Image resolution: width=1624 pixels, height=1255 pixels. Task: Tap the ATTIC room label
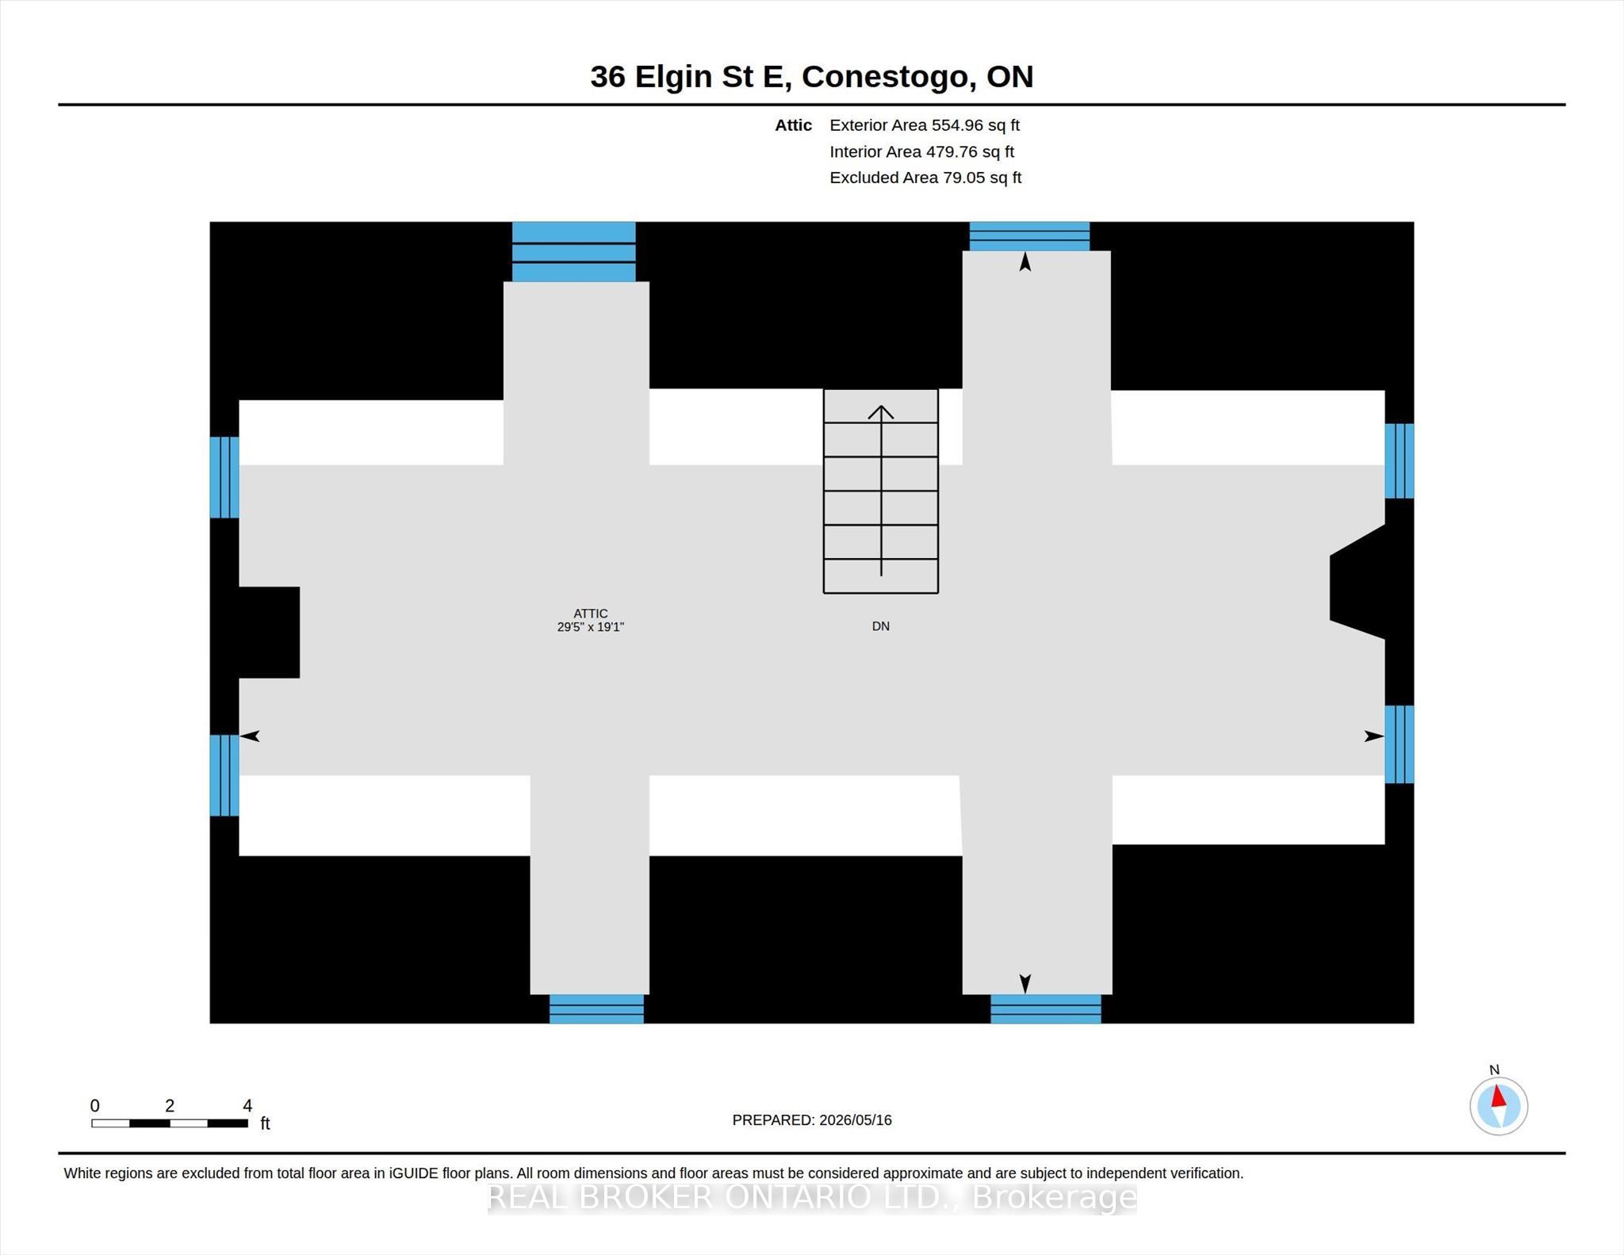coord(591,614)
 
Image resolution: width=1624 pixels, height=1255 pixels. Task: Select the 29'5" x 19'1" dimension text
coord(591,627)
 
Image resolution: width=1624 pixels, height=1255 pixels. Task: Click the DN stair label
coord(881,626)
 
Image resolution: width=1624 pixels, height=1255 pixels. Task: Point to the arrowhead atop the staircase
coord(881,411)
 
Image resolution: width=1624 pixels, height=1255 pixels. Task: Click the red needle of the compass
coord(1498,1096)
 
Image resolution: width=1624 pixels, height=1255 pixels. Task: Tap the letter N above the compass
coord(1495,1070)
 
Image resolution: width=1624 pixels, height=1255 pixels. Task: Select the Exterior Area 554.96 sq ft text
coord(925,125)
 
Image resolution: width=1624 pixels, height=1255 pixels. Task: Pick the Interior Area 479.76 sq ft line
coord(922,151)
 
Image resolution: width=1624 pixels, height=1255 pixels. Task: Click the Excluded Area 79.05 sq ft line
coord(925,178)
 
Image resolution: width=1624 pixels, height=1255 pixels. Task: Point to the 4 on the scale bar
coord(247,1106)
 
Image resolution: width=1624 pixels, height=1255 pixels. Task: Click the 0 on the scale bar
coord(95,1106)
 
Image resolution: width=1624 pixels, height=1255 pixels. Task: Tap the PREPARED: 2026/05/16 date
coord(812,1120)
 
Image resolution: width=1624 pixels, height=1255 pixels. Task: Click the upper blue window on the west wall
coord(224,477)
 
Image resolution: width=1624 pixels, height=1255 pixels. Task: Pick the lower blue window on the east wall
coord(1400,744)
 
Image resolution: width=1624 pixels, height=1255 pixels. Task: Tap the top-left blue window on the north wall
coord(574,252)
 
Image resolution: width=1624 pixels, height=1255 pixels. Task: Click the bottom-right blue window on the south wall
coord(1046,1009)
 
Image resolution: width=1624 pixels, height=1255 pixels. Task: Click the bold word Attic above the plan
coord(793,125)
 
